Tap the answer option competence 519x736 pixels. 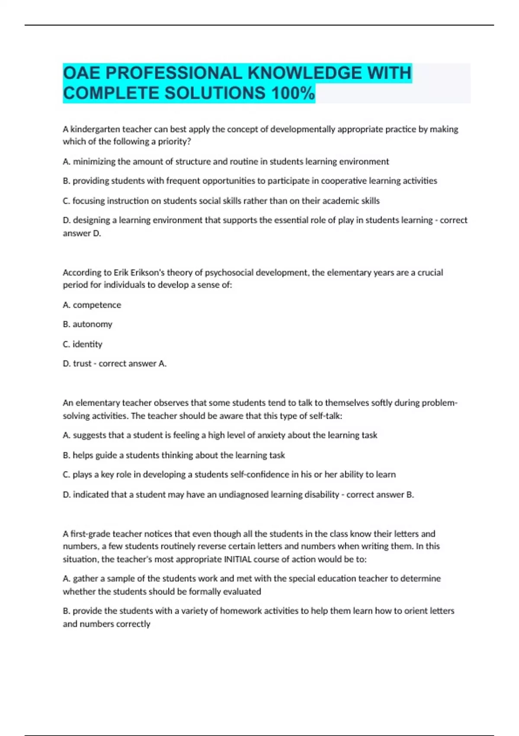[97, 305]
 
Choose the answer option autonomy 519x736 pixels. [92, 324]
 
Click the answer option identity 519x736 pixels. [87, 344]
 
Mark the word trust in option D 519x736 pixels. [82, 364]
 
